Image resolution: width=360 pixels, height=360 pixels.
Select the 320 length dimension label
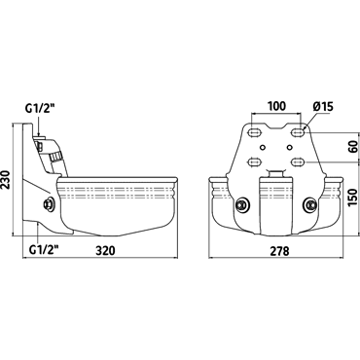coord(106,250)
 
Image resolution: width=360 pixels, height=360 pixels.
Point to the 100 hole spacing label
coord(276,106)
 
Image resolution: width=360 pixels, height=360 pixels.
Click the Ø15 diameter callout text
coord(323,106)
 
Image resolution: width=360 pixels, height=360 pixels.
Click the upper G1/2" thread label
coord(41,108)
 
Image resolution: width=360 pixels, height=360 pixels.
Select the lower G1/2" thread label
coord(44,250)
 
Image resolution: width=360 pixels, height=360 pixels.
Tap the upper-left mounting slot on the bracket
coord(255,132)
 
